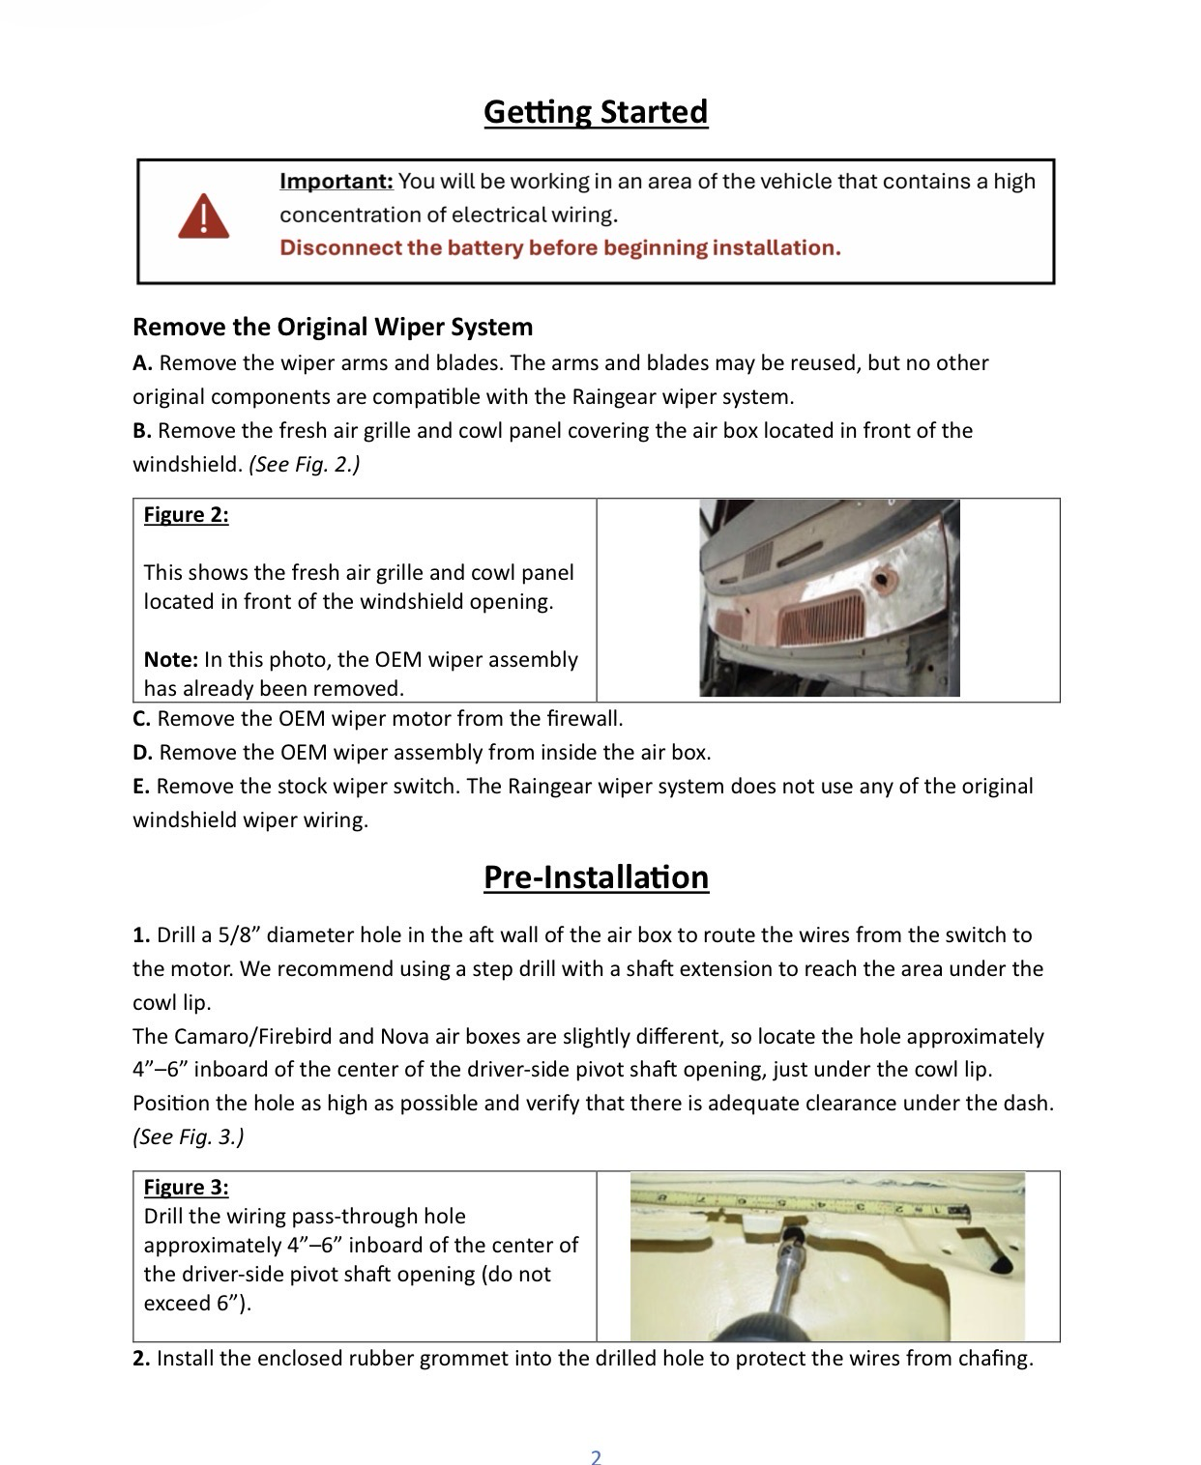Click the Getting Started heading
click(596, 112)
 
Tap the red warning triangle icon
click(204, 216)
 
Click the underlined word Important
click(336, 182)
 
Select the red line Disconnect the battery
click(560, 248)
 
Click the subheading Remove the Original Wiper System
click(333, 327)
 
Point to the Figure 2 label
click(186, 514)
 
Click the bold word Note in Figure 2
click(170, 659)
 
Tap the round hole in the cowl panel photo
click(883, 581)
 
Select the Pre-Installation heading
click(596, 877)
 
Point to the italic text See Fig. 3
click(189, 1137)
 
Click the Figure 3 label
click(186, 1188)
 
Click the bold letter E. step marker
click(142, 787)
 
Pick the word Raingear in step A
click(614, 397)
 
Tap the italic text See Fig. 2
click(304, 465)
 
